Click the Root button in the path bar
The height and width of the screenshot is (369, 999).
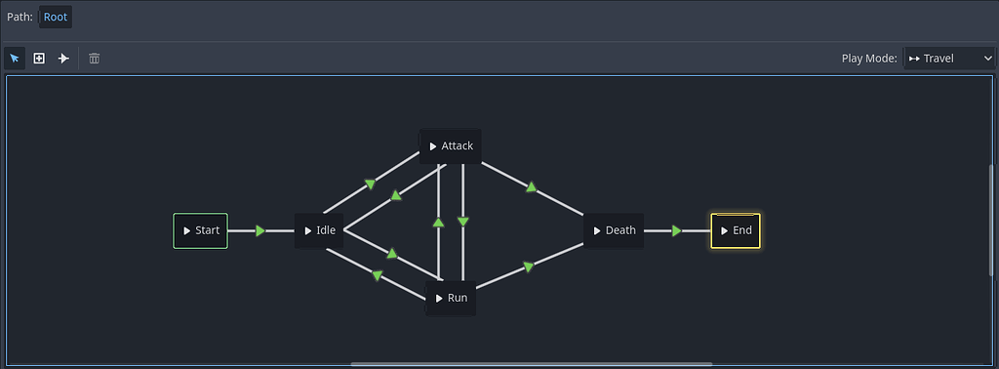click(x=56, y=17)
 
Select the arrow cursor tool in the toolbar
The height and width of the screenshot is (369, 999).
click(x=15, y=59)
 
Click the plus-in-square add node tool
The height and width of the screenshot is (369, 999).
click(x=39, y=59)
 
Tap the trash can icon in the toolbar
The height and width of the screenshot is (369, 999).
click(x=95, y=59)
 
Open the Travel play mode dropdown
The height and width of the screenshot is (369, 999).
click(x=948, y=59)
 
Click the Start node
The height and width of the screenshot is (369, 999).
click(x=200, y=230)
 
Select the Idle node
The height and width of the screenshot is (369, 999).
click(x=319, y=230)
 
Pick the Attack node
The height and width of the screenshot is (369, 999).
click(x=451, y=145)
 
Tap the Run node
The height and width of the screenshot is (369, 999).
click(x=451, y=298)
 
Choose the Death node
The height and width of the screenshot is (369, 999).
click(x=614, y=230)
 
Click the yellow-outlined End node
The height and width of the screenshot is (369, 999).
click(x=736, y=230)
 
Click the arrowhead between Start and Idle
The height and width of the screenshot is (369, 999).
click(x=260, y=230)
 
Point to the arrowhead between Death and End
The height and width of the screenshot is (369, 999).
click(x=676, y=230)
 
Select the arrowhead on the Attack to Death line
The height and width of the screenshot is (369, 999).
click(x=531, y=186)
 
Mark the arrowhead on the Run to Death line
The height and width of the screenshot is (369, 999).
click(x=528, y=266)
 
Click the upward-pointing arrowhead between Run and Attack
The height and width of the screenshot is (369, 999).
click(x=438, y=222)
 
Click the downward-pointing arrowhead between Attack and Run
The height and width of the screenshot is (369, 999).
click(x=463, y=222)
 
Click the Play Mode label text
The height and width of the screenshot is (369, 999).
click(x=868, y=59)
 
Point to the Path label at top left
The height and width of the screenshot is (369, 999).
click(x=20, y=17)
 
